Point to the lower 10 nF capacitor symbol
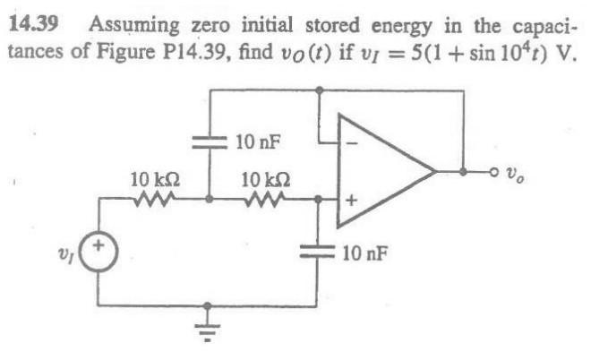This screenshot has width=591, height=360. [320, 253]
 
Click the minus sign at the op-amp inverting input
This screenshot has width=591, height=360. [351, 141]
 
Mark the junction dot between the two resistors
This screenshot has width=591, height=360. [210, 201]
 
